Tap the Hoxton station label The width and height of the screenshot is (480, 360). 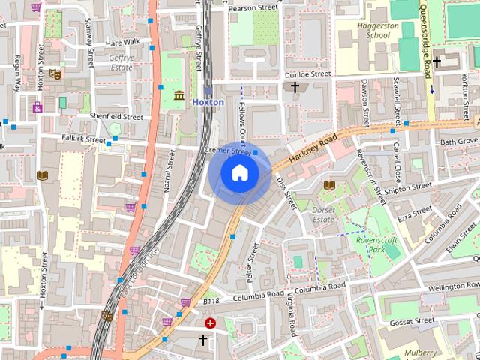point(208,102)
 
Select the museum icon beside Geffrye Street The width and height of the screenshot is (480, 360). point(179,96)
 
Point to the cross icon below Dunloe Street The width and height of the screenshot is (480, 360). point(295,88)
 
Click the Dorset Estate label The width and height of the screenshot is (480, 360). point(323,216)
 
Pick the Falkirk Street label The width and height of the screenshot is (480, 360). point(85,139)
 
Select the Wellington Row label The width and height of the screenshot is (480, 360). point(454,286)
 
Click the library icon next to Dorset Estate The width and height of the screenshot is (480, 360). point(328,185)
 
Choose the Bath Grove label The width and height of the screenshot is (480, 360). point(457,141)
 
